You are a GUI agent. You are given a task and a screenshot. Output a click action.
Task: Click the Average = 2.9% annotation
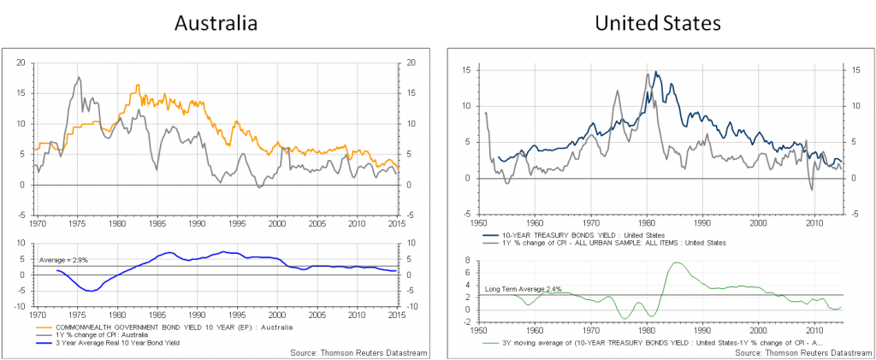click(x=63, y=259)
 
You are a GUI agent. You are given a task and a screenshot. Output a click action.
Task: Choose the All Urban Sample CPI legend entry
click(x=605, y=243)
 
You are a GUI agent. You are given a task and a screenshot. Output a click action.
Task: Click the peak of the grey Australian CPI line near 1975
click(x=79, y=78)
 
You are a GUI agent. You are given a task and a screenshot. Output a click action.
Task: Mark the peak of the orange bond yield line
click(x=137, y=85)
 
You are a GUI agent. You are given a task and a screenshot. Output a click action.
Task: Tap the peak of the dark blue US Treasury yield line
click(x=655, y=72)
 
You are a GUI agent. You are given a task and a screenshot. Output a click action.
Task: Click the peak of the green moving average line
click(x=675, y=263)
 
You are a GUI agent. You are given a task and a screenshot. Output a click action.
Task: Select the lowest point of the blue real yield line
click(x=91, y=291)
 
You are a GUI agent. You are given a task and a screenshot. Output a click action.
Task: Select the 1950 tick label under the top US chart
click(x=480, y=223)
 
